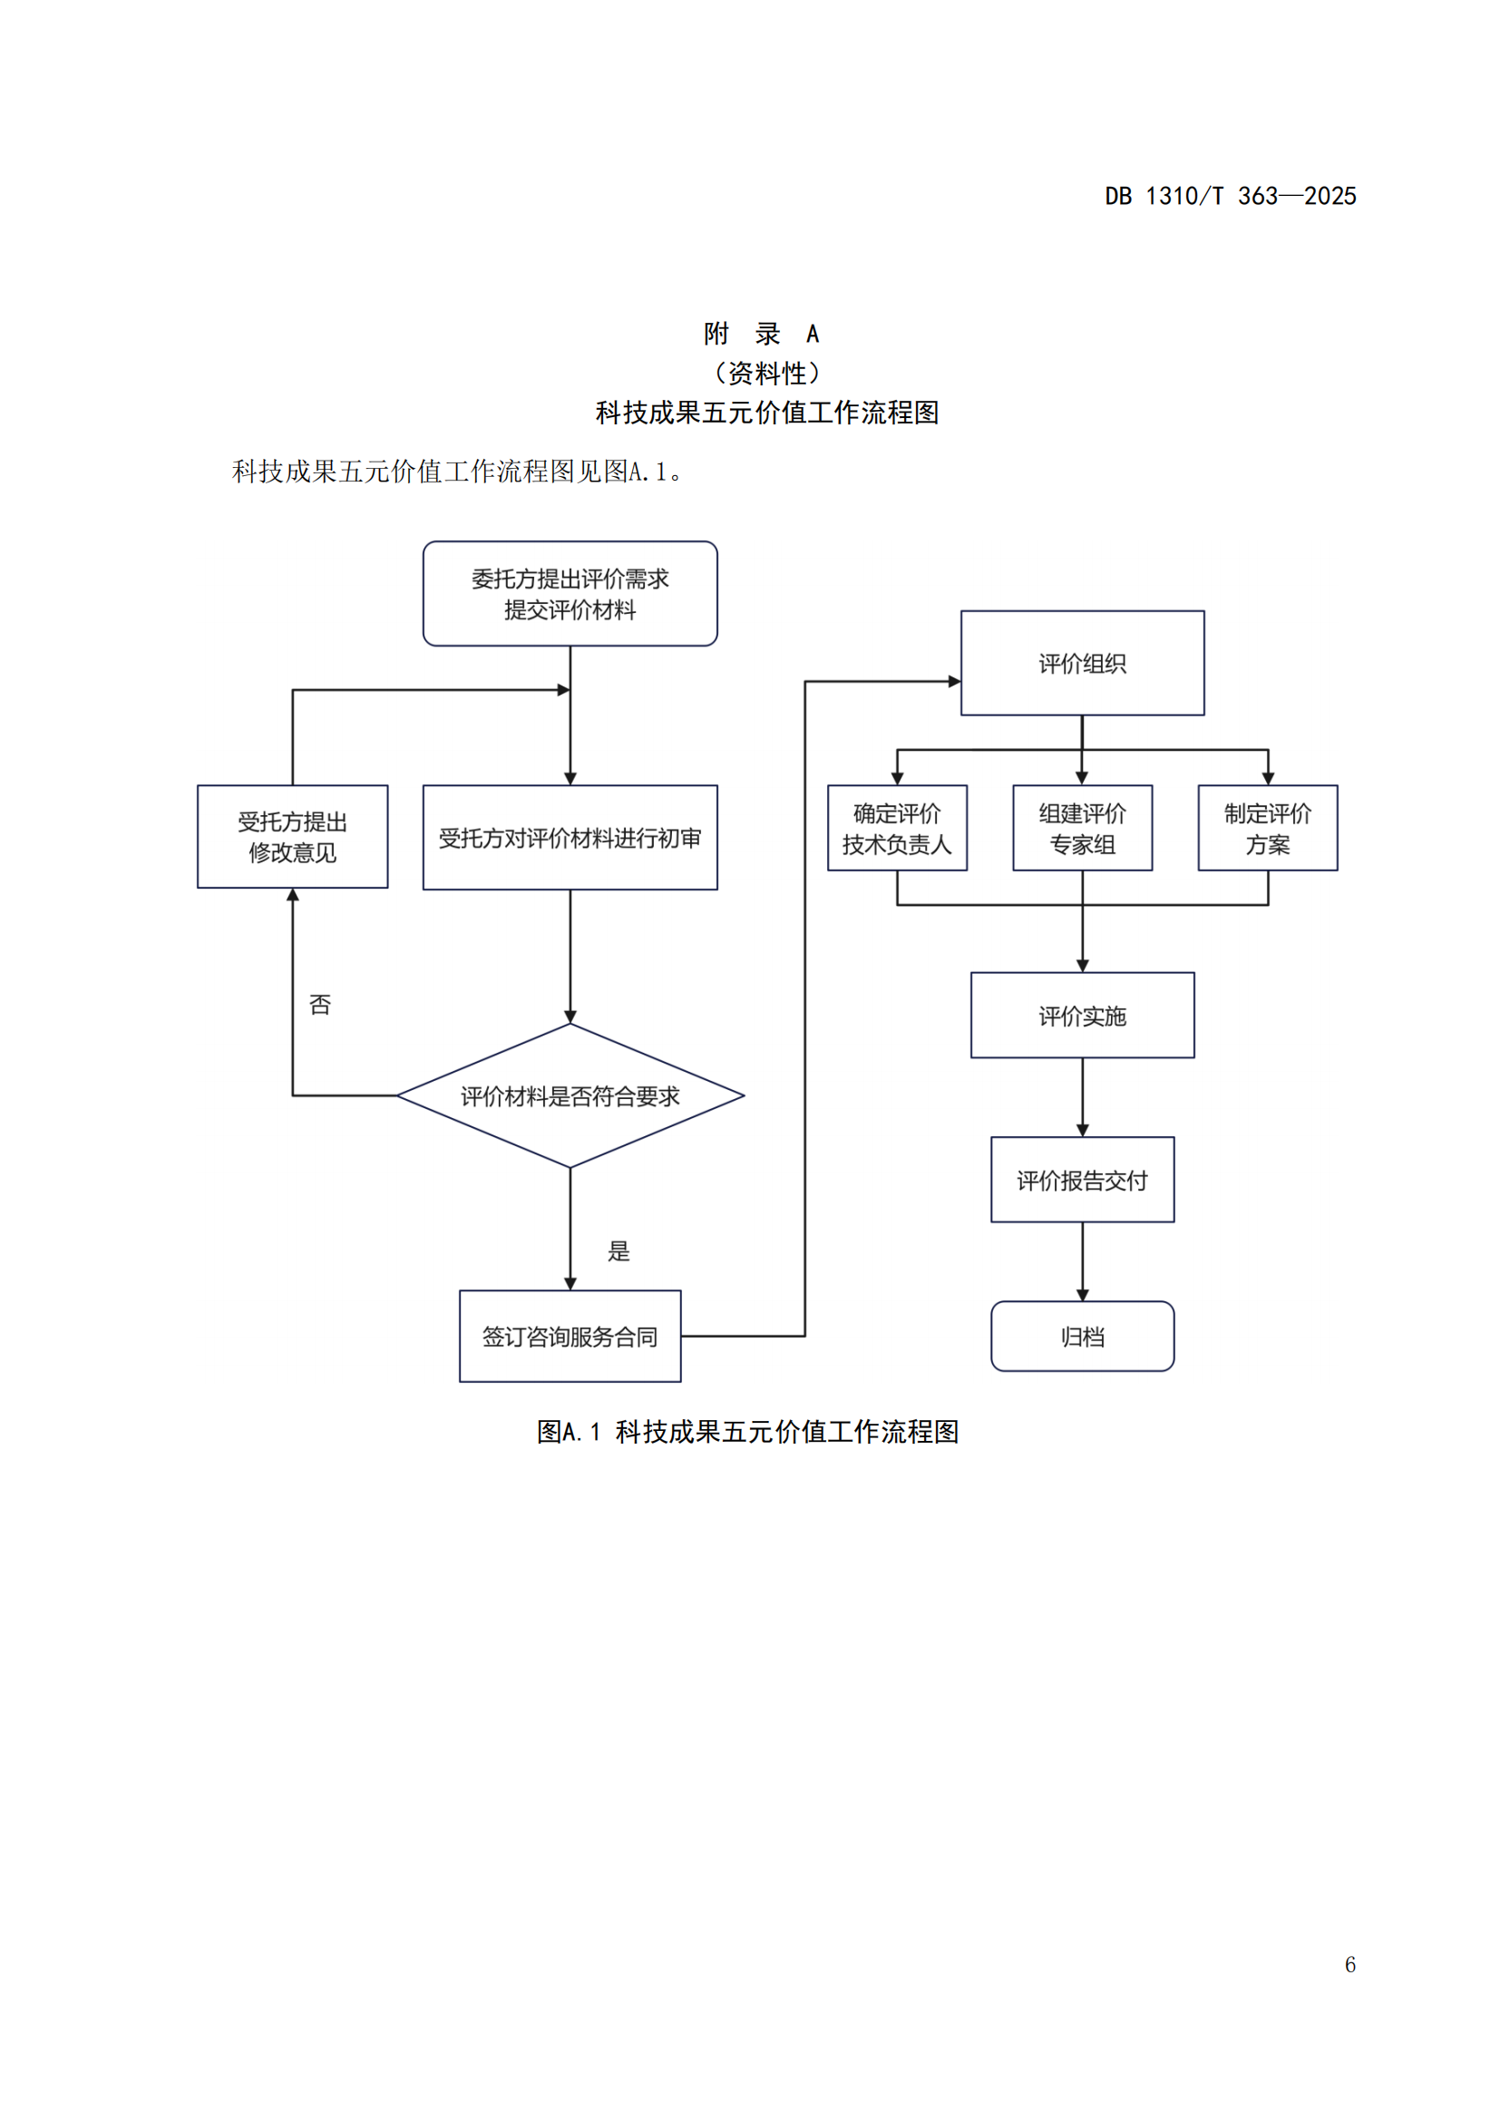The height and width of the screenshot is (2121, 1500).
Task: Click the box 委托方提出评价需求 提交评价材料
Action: [x=570, y=593]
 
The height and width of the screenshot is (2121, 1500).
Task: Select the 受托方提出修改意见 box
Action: [x=292, y=836]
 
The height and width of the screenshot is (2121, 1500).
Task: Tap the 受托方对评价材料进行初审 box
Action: [x=570, y=837]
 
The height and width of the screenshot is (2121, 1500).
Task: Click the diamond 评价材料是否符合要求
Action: [x=570, y=1095]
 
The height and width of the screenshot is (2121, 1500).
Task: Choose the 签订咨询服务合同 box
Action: [x=570, y=1336]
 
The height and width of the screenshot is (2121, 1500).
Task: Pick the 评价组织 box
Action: [x=1082, y=662]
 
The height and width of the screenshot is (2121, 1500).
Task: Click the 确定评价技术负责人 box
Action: [x=897, y=828]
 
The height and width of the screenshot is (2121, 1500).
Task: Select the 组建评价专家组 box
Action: [x=1082, y=828]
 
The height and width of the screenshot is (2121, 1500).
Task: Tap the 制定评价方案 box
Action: [x=1267, y=828]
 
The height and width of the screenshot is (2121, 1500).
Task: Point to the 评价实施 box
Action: [x=1082, y=1016]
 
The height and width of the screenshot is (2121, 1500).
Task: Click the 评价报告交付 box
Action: [x=1082, y=1180]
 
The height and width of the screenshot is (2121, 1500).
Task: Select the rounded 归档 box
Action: [x=1082, y=1336]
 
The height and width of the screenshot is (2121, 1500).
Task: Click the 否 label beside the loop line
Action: [x=319, y=1004]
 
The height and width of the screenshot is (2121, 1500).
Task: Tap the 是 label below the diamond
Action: [x=618, y=1250]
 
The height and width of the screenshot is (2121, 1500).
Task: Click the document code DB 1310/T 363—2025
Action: [x=1230, y=196]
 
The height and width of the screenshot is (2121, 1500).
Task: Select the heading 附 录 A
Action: [x=761, y=334]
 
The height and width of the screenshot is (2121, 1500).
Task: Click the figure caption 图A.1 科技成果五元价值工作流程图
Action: [x=747, y=1431]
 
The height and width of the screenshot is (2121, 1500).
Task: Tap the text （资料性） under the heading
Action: [x=766, y=374]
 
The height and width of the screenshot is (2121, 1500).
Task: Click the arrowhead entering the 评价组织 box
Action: [x=955, y=682]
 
